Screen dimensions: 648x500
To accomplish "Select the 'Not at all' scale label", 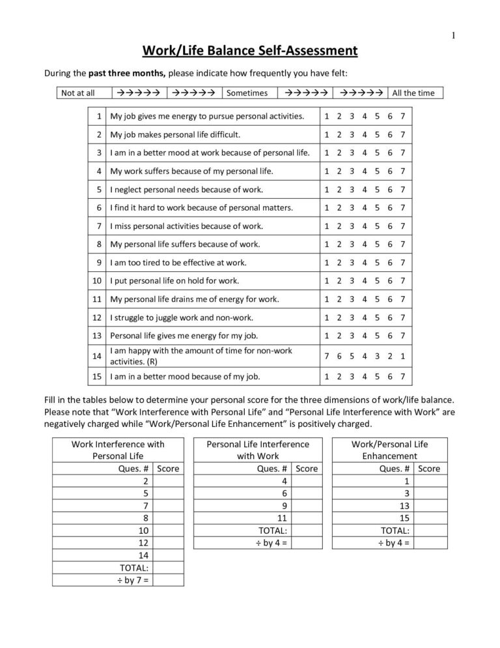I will point(78,93).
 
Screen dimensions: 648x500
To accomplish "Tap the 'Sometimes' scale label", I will point(247,93).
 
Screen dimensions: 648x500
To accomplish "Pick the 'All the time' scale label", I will point(413,93).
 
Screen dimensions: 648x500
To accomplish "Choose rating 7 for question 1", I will point(404,117).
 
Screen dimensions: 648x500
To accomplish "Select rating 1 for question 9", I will point(326,263).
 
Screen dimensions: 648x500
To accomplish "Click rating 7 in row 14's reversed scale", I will point(326,356).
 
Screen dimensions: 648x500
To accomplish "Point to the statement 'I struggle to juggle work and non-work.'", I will point(182,317).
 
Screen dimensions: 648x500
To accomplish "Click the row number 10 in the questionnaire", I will point(97,281).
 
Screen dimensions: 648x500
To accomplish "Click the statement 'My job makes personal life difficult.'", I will point(175,135).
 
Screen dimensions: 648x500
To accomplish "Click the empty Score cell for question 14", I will point(169,555).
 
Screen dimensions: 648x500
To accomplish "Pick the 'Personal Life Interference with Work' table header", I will point(257,450).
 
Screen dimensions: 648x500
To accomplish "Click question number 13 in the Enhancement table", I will point(404,505).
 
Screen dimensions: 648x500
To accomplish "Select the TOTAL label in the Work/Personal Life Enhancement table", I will point(396,530).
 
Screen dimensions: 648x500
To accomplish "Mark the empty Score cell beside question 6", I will point(307,493).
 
